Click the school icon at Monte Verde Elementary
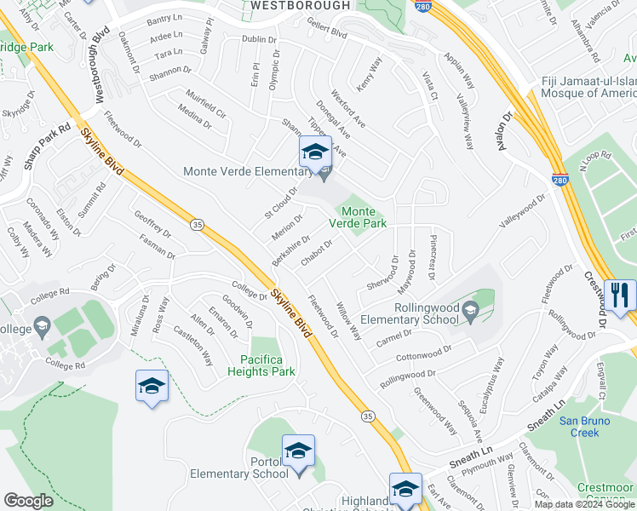(x=314, y=154)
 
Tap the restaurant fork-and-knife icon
(x=619, y=295)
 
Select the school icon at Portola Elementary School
(x=298, y=451)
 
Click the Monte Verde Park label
(x=364, y=217)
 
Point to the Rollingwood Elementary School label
(x=404, y=313)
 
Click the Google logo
(x=28, y=501)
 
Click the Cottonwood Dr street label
(x=422, y=352)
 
